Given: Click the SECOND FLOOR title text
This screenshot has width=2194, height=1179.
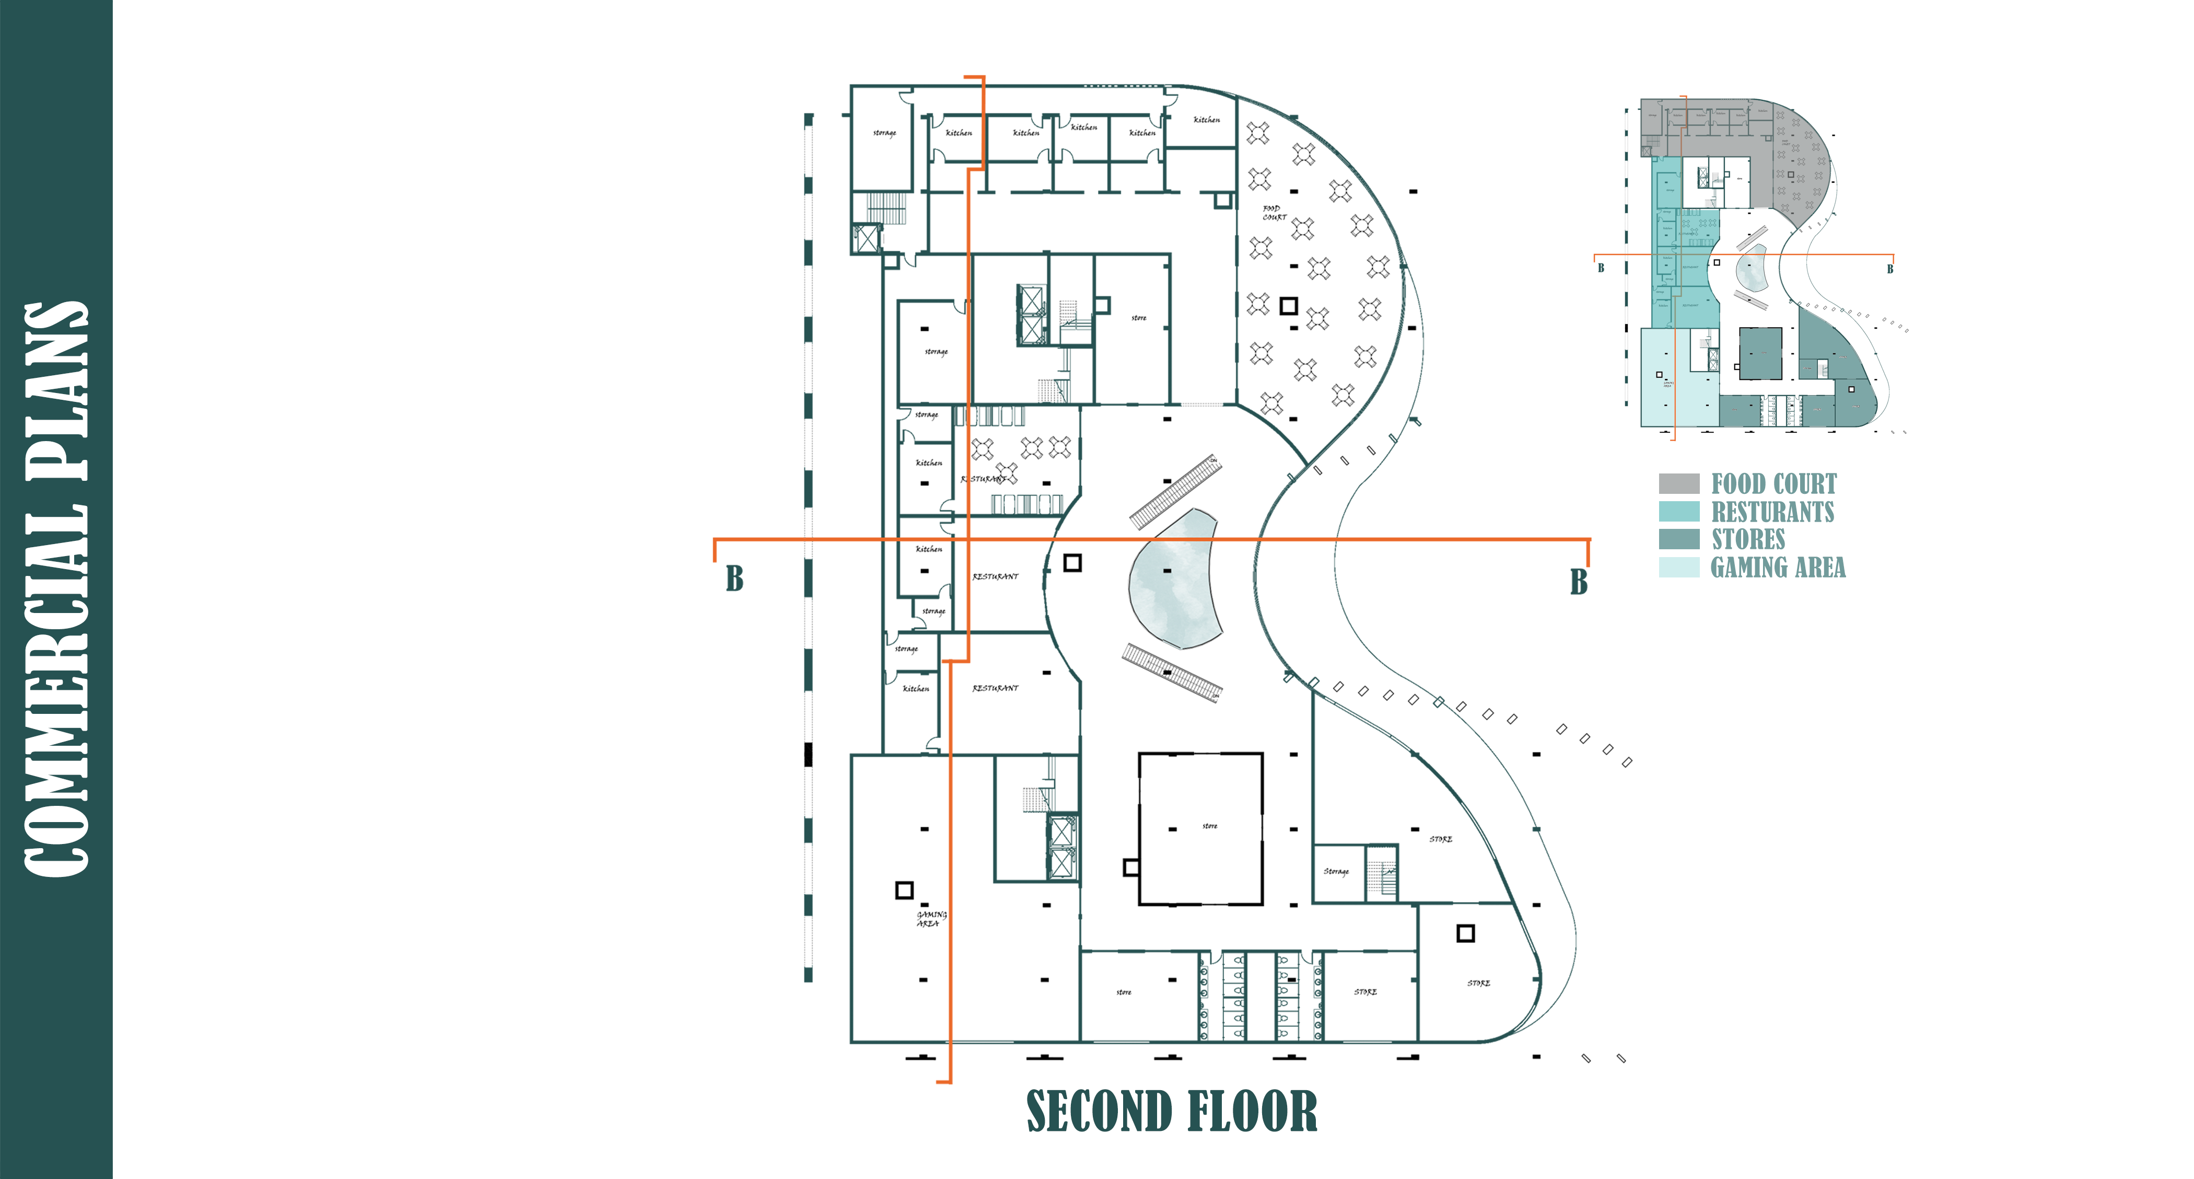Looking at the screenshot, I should coord(1171,1112).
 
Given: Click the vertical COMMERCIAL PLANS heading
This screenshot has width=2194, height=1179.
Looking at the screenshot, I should coord(56,589).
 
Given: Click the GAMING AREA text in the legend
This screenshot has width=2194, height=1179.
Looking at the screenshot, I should coord(1778,568).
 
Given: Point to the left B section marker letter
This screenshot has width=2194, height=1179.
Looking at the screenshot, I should coord(734,579).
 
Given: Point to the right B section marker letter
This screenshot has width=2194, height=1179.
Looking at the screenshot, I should coord(1578,582).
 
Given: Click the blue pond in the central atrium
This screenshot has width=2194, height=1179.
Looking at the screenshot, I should coord(1174,579).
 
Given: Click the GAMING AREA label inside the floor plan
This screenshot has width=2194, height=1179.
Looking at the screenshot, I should coord(931,918).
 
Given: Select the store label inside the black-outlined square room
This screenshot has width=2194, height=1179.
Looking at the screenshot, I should coord(1209,826).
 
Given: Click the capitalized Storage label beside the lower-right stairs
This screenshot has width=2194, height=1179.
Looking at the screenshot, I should coord(1336,872).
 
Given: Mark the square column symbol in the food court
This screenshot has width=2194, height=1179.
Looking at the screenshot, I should coord(1289,305).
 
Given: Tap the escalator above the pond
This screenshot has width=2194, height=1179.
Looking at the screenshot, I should coord(1174,492).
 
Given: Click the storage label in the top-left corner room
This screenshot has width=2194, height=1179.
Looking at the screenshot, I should coord(884,133).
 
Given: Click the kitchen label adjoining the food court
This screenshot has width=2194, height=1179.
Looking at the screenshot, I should coord(1206,120).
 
